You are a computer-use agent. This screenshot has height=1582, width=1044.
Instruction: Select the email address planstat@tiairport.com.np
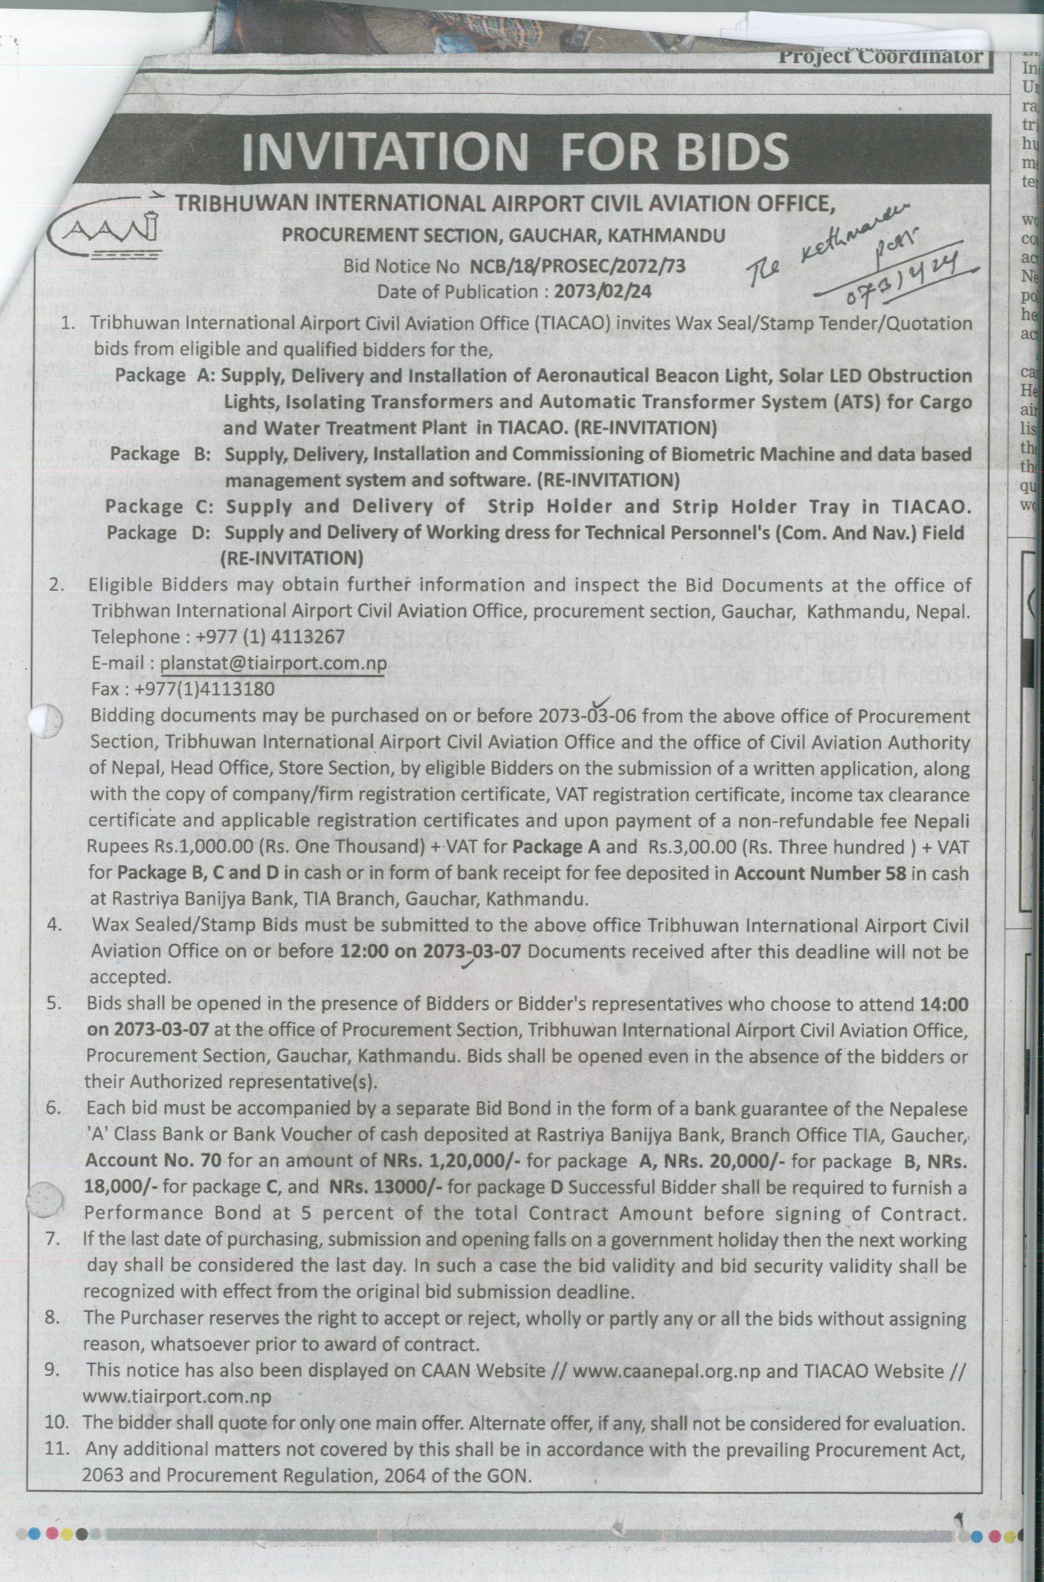273,663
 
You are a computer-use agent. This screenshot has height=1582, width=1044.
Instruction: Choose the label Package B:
160,455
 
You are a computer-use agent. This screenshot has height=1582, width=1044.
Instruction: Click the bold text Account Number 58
820,873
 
